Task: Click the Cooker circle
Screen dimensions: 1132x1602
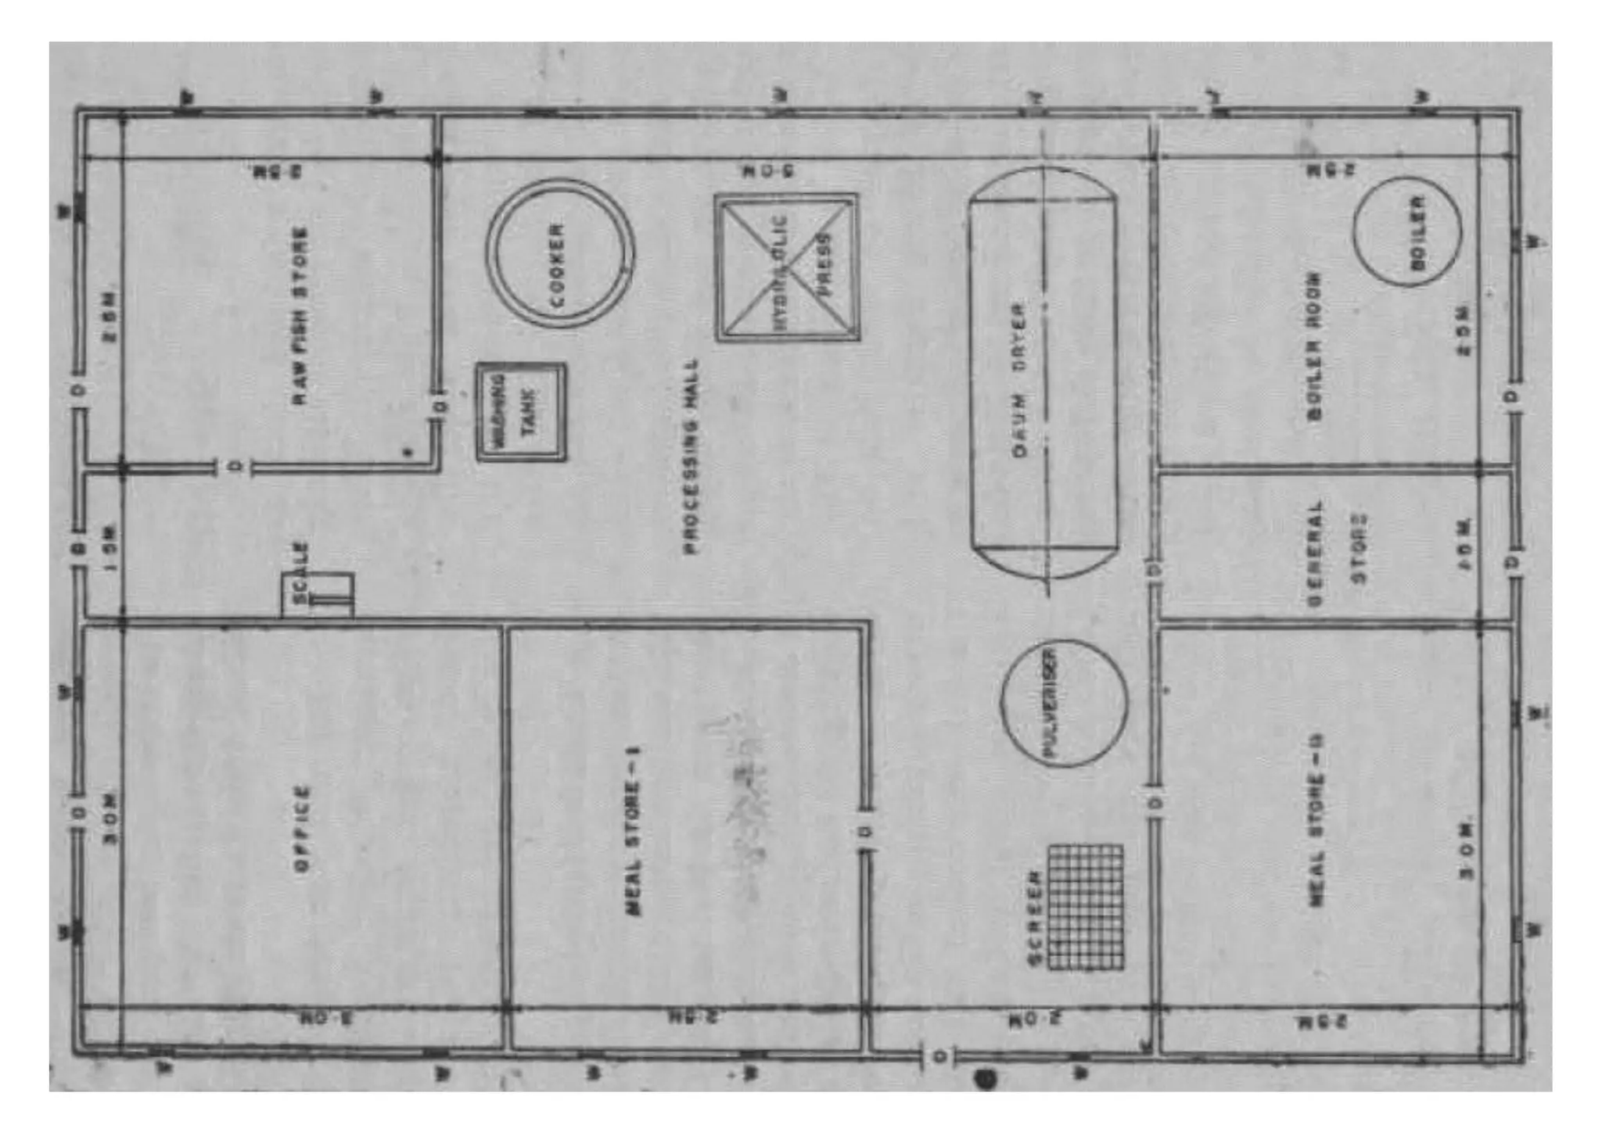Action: pyautogui.click(x=559, y=253)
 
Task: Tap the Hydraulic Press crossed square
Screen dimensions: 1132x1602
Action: pyautogui.click(x=787, y=267)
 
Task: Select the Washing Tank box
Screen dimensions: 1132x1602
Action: pyautogui.click(x=521, y=412)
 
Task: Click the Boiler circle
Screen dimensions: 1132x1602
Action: pyautogui.click(x=1406, y=231)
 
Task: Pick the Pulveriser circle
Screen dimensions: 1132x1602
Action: pyautogui.click(x=1064, y=702)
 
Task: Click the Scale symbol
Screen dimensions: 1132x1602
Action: pyautogui.click(x=318, y=595)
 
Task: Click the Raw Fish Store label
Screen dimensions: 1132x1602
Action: pyautogui.click(x=300, y=316)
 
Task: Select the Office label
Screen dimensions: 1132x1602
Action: pyautogui.click(x=302, y=828)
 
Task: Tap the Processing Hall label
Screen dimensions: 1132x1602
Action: pyautogui.click(x=691, y=457)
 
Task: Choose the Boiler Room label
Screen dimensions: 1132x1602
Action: pyautogui.click(x=1314, y=346)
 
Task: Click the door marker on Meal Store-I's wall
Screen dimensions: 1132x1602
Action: pyautogui.click(x=864, y=830)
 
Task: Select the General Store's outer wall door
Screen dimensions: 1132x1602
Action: pyautogui.click(x=1513, y=562)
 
